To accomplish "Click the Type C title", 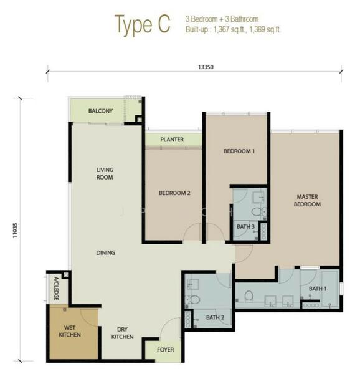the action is click(x=142, y=25).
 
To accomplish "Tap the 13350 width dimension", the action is click(x=206, y=67).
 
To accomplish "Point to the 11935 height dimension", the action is click(x=15, y=231).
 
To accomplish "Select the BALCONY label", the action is click(x=100, y=111).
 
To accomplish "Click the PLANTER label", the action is click(x=172, y=140).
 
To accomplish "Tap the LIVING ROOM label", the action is click(x=105, y=173).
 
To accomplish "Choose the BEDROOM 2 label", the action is click(x=174, y=193).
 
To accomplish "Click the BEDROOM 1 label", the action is click(x=239, y=151).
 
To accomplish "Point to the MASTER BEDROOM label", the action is click(x=307, y=200).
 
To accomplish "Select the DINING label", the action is click(x=105, y=252).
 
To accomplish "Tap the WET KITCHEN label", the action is click(x=70, y=331).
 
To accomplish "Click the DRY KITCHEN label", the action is click(x=122, y=333).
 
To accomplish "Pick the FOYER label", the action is click(x=165, y=350).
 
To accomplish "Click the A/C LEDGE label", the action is click(x=57, y=289).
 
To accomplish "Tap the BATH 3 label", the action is click(x=245, y=227).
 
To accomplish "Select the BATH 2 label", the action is click(x=215, y=317).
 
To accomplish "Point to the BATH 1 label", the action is click(x=318, y=289).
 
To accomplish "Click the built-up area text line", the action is click(x=233, y=30).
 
